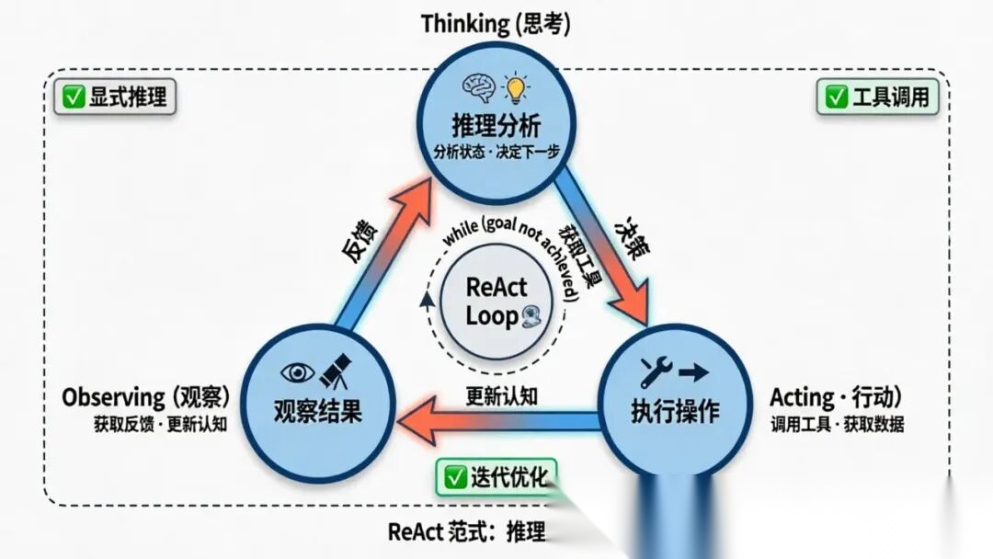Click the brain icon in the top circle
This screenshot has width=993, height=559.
pos(479,88)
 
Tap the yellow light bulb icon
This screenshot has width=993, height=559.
pos(517,88)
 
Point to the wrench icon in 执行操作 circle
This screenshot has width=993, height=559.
pos(656,371)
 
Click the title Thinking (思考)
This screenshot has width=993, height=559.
pos(496,24)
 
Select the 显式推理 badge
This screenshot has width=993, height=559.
pos(115,97)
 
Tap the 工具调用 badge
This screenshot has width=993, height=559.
pos(877,97)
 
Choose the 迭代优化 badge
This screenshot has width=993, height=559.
pos(496,476)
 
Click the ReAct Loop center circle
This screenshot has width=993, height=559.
pos(496,301)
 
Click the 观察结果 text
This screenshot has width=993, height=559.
pos(318,409)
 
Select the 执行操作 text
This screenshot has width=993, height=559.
pos(675,409)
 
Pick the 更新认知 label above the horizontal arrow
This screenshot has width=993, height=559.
pos(501,395)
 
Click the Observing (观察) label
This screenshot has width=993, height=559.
pos(145,397)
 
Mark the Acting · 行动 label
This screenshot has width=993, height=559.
pos(836,397)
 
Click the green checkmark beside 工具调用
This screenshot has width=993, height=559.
pos(836,97)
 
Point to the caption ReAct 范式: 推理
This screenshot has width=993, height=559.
pos(467,531)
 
